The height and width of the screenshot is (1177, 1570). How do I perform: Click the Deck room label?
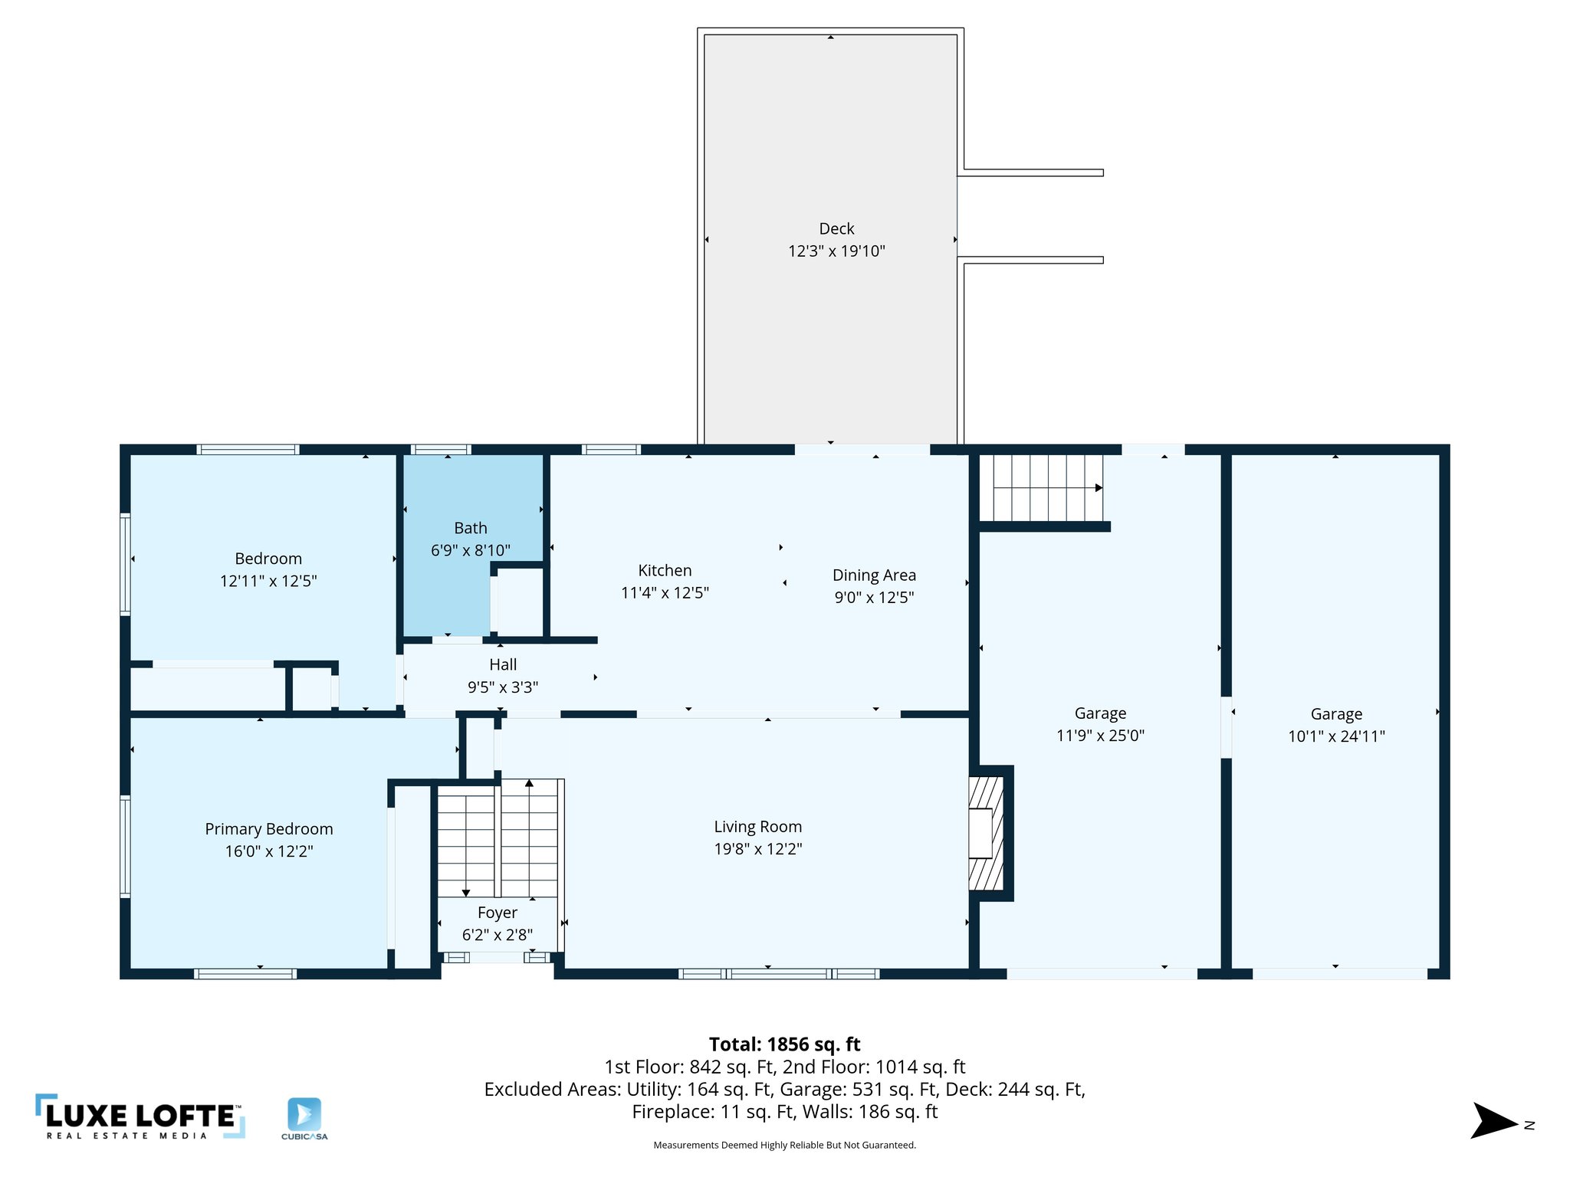pyautogui.click(x=836, y=228)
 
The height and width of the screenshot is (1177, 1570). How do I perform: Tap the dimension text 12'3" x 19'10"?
pyautogui.click(x=836, y=251)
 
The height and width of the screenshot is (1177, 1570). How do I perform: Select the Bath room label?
pyautogui.click(x=470, y=528)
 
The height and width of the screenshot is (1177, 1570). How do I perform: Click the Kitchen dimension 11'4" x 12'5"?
pyautogui.click(x=665, y=592)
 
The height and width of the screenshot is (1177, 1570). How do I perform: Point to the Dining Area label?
pyautogui.click(x=874, y=575)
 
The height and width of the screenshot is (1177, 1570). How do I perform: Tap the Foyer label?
pyautogui.click(x=497, y=913)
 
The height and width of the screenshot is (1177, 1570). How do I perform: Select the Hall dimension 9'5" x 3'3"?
pyautogui.click(x=503, y=687)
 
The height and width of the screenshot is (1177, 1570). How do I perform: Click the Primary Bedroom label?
pyautogui.click(x=269, y=829)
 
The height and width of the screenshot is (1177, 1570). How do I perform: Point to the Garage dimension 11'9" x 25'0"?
pyautogui.click(x=1100, y=736)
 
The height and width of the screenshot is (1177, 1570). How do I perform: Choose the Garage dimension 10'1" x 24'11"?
pyautogui.click(x=1336, y=736)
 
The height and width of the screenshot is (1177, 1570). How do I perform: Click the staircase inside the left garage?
pyautogui.click(x=1047, y=487)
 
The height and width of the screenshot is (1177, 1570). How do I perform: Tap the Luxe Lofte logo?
pyautogui.click(x=140, y=1117)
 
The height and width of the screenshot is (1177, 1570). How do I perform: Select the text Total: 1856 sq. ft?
pyautogui.click(x=784, y=1044)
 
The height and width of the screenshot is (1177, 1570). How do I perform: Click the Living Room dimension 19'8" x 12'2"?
pyautogui.click(x=757, y=849)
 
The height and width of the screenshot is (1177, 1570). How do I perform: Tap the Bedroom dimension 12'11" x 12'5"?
pyautogui.click(x=268, y=581)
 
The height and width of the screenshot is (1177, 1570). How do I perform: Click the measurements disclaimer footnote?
pyautogui.click(x=784, y=1146)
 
